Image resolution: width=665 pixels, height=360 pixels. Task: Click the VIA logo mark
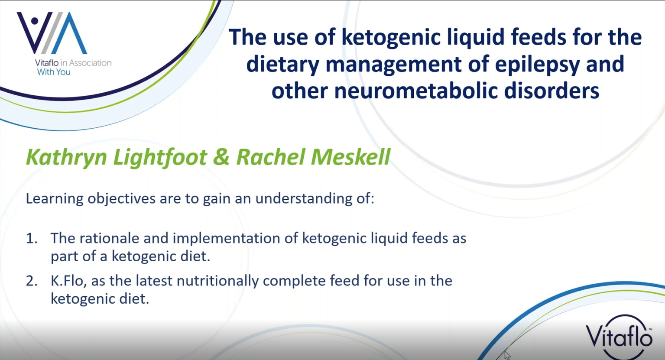coord(52,33)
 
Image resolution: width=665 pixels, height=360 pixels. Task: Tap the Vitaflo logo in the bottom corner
coord(619,337)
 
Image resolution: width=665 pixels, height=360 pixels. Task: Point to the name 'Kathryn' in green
coord(66,157)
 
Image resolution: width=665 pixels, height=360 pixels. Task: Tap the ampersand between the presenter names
coord(221,157)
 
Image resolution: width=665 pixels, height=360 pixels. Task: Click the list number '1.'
coord(32,238)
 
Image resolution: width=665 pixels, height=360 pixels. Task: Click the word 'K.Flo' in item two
coord(68,281)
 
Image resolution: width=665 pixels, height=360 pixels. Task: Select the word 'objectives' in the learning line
coord(121,199)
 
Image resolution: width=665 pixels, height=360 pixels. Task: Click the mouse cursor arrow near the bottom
coord(507,355)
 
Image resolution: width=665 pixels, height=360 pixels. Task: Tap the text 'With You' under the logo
coord(54,72)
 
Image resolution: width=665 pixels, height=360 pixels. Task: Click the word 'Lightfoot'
coord(160,157)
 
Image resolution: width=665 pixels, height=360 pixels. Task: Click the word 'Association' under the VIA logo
coord(90,63)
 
